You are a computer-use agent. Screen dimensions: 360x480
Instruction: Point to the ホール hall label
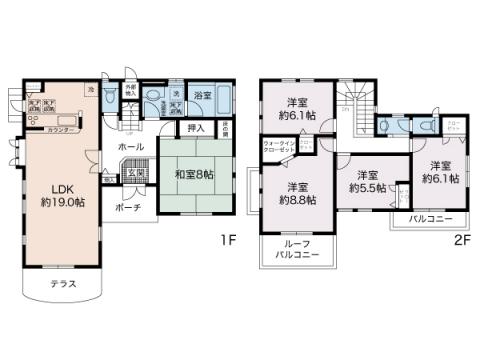(130, 146)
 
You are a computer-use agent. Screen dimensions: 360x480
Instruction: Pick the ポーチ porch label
(127, 207)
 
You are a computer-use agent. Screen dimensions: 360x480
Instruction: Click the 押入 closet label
(196, 128)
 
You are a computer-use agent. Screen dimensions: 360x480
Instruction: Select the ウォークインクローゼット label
(279, 147)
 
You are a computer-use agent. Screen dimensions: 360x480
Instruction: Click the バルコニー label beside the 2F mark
(430, 219)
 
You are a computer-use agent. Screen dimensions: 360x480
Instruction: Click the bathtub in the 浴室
(221, 99)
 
